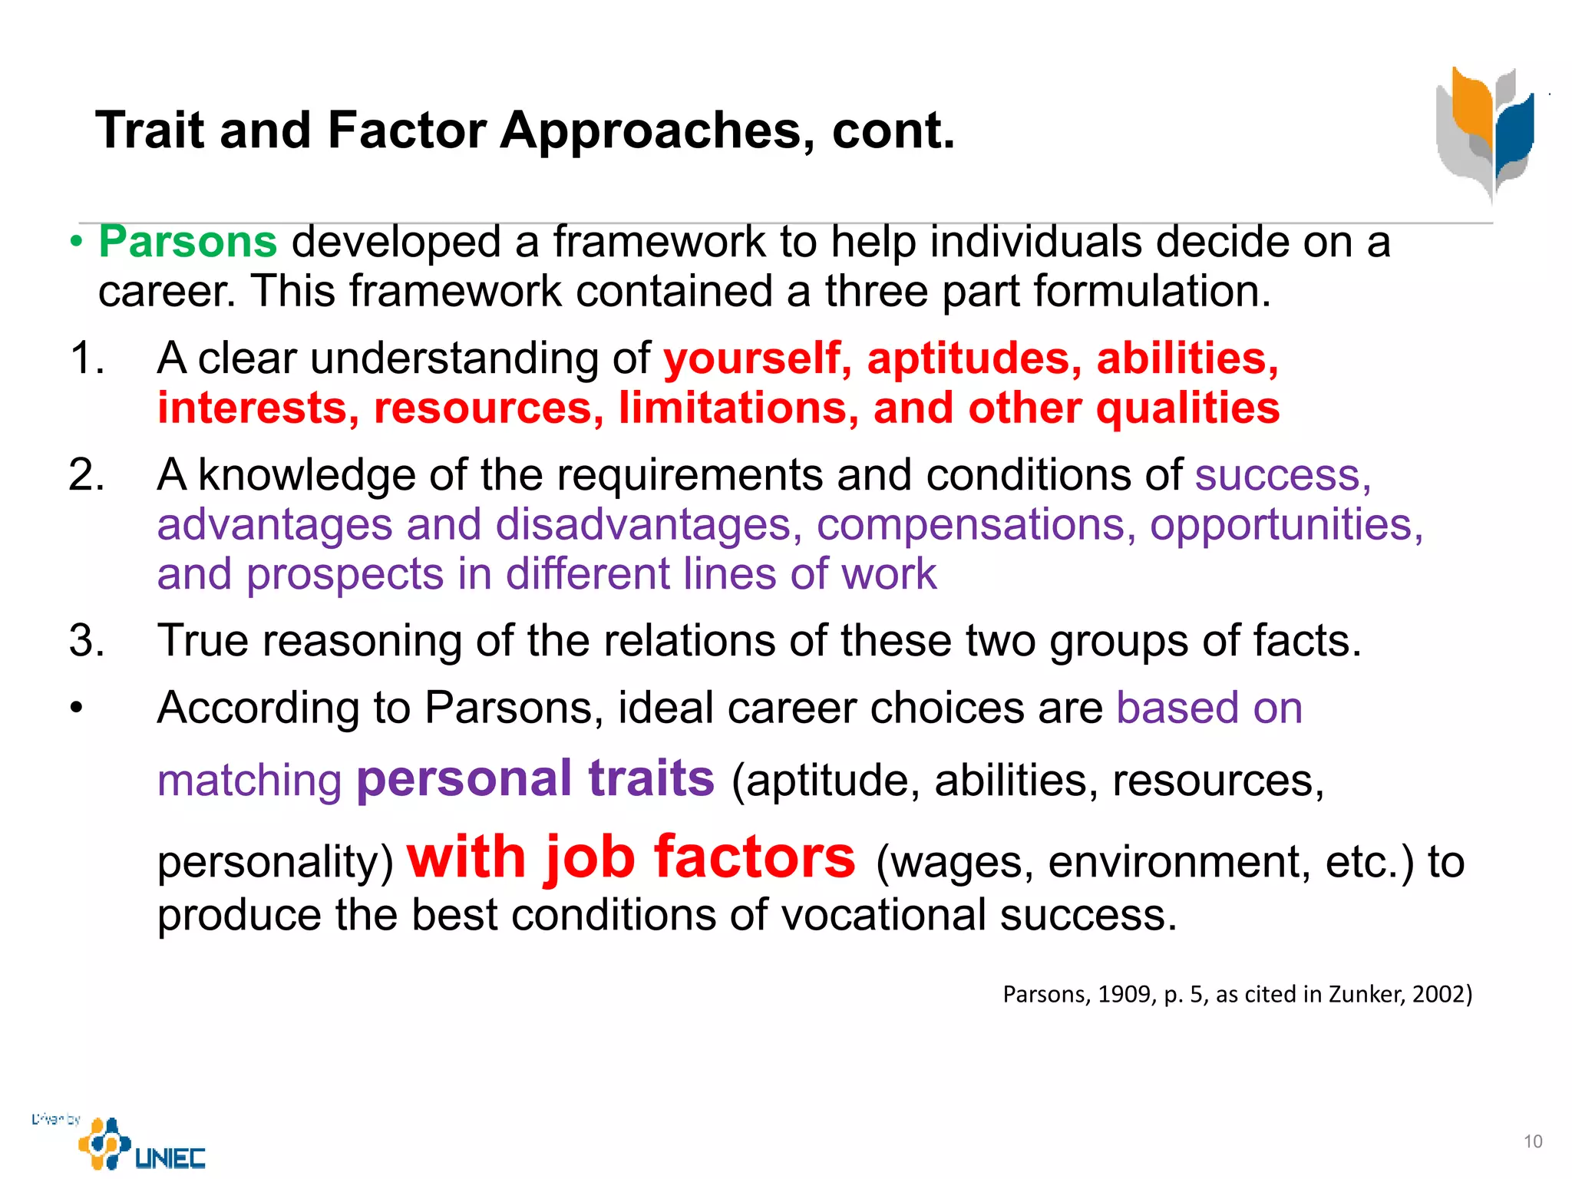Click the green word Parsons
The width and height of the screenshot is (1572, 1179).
click(x=188, y=242)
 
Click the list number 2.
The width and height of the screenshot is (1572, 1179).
click(x=86, y=475)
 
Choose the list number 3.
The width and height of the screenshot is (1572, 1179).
click(x=86, y=641)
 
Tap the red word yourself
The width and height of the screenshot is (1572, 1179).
click(x=757, y=359)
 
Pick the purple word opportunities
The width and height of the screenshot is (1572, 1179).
click(x=1286, y=525)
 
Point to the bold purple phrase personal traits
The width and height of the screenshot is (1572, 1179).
click(x=536, y=778)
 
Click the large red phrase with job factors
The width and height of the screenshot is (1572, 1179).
click(x=631, y=857)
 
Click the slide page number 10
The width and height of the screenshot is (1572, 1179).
click(x=1533, y=1142)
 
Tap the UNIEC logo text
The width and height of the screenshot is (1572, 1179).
click(x=170, y=1158)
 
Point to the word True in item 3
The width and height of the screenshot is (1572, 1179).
click(x=203, y=641)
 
